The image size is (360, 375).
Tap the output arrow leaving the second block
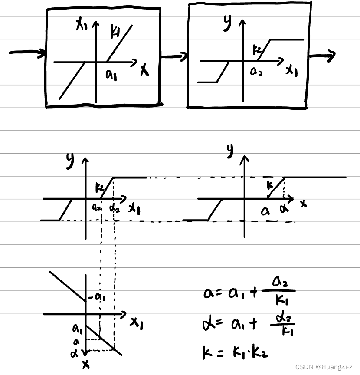pos(324,56)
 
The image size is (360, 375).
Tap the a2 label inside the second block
pos(256,72)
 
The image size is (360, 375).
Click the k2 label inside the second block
pos(257,51)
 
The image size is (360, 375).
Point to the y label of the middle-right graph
pos(229,150)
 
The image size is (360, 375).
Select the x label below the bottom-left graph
pos(86,365)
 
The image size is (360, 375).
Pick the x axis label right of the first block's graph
pos(144,70)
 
